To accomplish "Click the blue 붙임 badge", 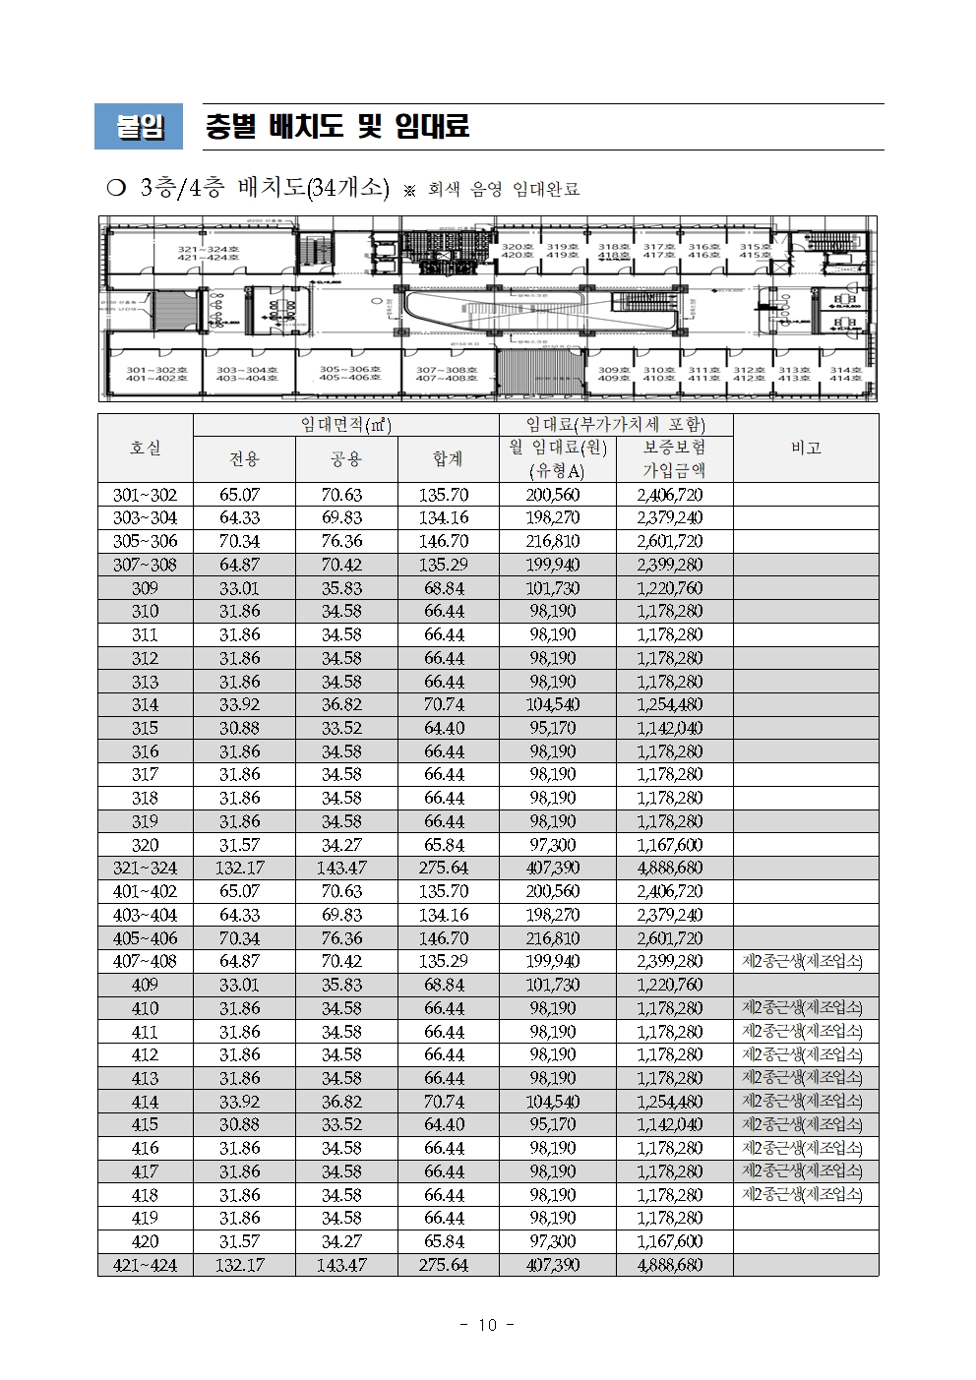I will tap(140, 127).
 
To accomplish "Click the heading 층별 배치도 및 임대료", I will tap(336, 126).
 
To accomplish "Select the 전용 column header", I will tap(244, 459).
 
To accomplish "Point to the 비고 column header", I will tap(806, 448).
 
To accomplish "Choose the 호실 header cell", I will tap(146, 448).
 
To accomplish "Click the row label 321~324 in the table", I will tap(146, 868).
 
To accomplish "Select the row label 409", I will tap(146, 985).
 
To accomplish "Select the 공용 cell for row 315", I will tap(344, 728).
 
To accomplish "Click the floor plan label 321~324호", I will tap(208, 253).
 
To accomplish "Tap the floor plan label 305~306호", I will tap(348, 374).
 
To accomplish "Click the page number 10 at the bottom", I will tap(487, 1325).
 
